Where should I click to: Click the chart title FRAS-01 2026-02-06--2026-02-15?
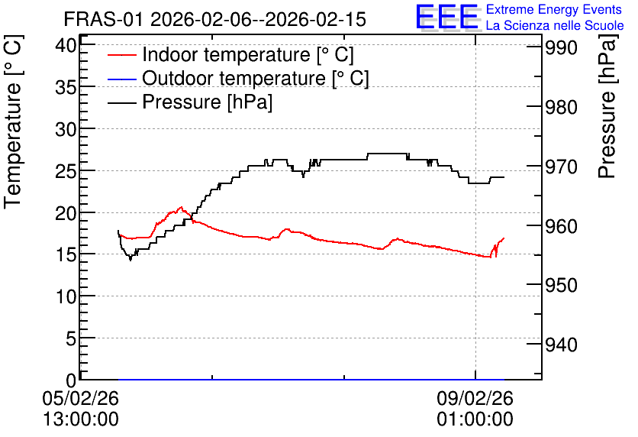[x=215, y=19]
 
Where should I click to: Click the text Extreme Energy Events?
[x=554, y=9]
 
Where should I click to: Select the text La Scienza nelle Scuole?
[x=555, y=25]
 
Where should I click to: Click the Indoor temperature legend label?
[x=248, y=54]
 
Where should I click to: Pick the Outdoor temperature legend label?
[x=255, y=78]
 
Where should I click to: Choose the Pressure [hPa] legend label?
[x=207, y=102]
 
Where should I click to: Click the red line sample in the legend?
[x=121, y=55]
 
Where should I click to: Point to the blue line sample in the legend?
[x=121, y=79]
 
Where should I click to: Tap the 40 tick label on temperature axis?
[x=66, y=45]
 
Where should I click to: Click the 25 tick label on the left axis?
[x=66, y=171]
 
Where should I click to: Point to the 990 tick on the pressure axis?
[x=561, y=48]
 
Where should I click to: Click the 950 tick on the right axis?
[x=561, y=286]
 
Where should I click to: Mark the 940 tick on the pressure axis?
[x=561, y=345]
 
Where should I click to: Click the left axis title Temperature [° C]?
[x=13, y=122]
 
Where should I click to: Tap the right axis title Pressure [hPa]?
[x=607, y=106]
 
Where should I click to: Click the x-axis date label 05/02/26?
[x=81, y=398]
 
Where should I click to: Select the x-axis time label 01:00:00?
[x=475, y=419]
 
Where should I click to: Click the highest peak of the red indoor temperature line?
[x=182, y=207]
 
